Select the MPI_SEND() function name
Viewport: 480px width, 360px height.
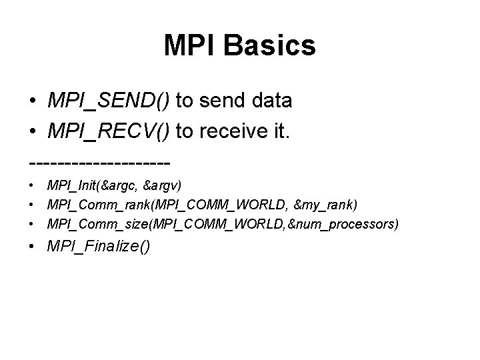coord(109,101)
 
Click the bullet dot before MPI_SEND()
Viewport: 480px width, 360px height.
coord(32,101)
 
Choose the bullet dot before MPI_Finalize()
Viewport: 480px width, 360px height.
coord(32,247)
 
